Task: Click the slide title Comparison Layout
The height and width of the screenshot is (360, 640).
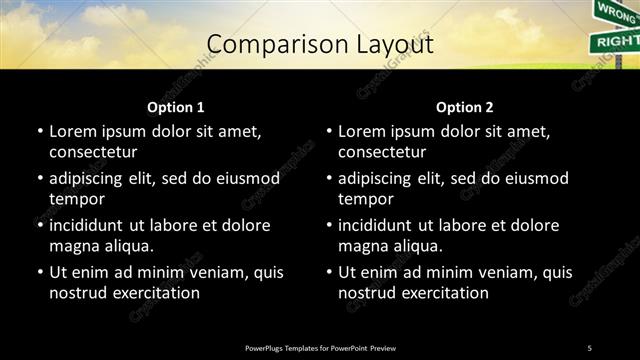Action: [x=320, y=45]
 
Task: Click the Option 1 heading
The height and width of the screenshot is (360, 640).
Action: [x=176, y=107]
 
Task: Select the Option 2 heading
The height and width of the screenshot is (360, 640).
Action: [x=465, y=107]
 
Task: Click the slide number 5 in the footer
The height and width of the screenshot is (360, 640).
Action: [x=590, y=347]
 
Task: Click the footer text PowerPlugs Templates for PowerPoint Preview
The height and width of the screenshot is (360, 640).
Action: [x=320, y=347]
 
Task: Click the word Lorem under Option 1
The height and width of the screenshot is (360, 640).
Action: [x=72, y=131]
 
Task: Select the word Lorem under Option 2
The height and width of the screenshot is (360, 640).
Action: [x=361, y=131]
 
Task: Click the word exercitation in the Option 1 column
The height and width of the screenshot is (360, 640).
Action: [x=154, y=293]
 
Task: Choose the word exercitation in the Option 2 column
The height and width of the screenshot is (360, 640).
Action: [x=443, y=293]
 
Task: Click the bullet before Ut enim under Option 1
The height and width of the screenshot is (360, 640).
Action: [x=39, y=272]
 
